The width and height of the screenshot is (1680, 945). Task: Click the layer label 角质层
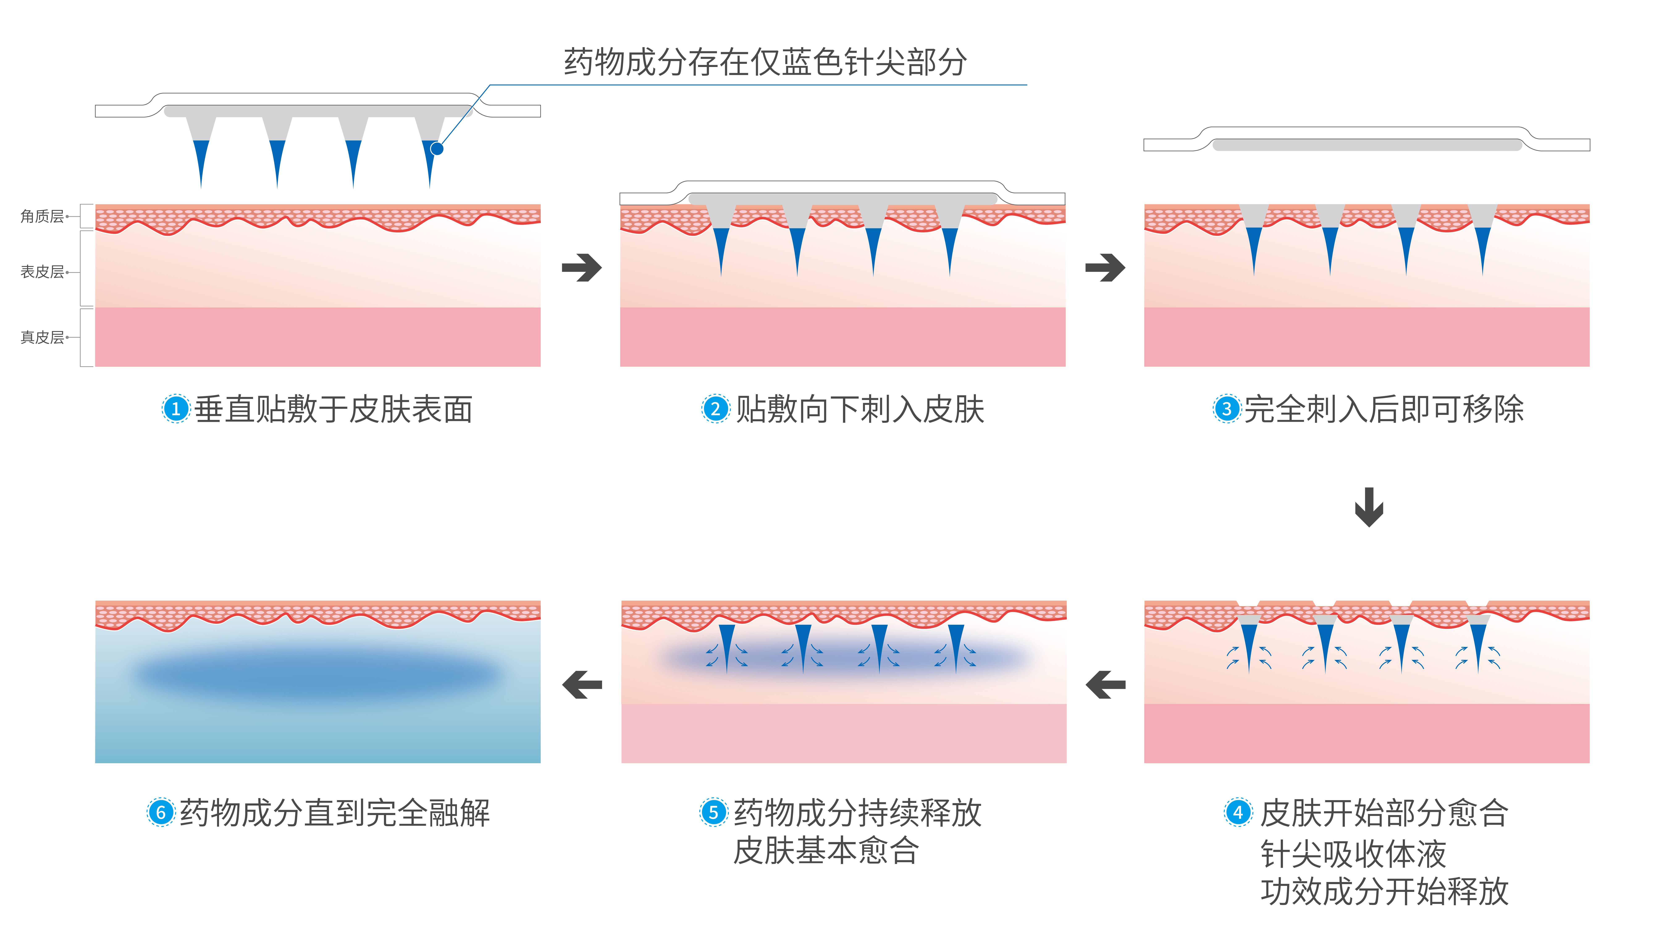click(x=42, y=216)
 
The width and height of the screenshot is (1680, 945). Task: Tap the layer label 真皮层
click(x=42, y=337)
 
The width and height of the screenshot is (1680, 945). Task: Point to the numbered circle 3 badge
click(x=1226, y=409)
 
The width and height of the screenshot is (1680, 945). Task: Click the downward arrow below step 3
click(x=1369, y=507)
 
